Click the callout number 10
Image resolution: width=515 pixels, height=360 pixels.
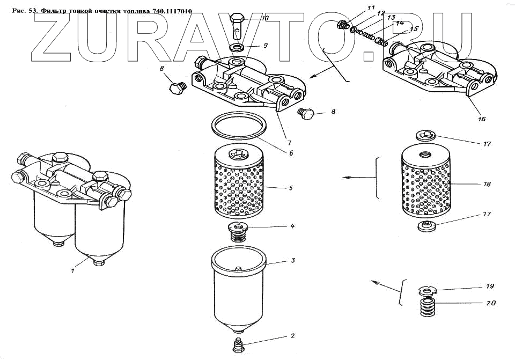[x=265, y=18]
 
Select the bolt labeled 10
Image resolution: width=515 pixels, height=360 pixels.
[x=239, y=24]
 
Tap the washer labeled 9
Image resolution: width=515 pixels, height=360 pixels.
[x=238, y=49]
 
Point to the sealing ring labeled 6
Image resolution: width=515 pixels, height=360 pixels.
[x=239, y=127]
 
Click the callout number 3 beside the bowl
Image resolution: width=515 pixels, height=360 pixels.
[x=293, y=261]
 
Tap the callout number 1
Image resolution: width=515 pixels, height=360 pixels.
[x=72, y=271]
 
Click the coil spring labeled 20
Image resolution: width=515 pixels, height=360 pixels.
[x=428, y=308]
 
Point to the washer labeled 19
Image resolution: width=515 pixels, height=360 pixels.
[x=428, y=291]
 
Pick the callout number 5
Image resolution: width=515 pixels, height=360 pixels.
[x=290, y=188]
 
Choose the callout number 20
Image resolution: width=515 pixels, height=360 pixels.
[x=491, y=303]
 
